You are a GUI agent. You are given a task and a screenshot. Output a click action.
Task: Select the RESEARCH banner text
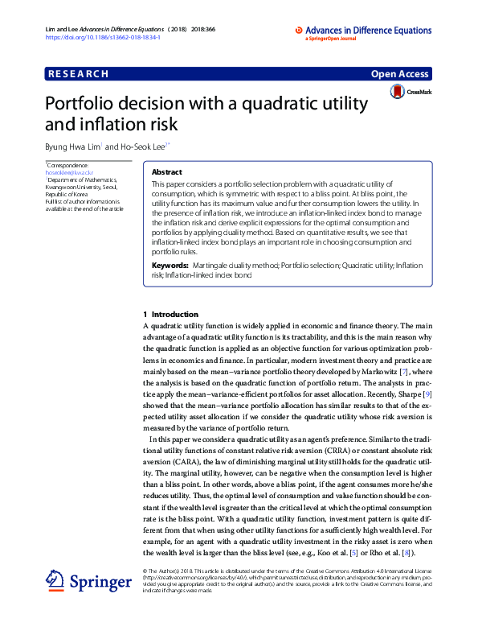78,74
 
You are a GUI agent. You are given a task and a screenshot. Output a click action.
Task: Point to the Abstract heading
167,172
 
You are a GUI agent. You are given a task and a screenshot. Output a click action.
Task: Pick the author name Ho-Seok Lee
141,146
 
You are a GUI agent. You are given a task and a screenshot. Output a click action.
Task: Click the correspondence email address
69,172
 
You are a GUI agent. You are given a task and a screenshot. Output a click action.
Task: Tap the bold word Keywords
170,265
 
